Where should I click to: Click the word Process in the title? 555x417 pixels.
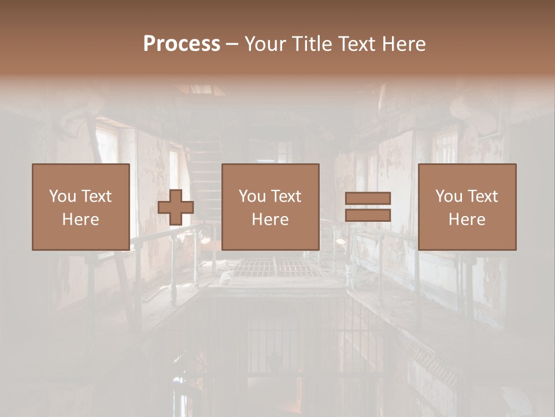pos(182,44)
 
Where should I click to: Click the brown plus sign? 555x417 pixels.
pos(176,207)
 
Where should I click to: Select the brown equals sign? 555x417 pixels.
pos(368,207)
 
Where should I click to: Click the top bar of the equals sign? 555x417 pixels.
pos(368,199)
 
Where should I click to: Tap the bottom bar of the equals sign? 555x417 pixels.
pos(368,215)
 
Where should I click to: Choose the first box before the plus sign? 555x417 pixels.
pos(80,207)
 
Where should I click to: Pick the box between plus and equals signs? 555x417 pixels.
pos(271,207)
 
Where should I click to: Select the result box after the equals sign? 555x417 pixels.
pos(467,207)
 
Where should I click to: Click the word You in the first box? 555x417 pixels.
pos(62,196)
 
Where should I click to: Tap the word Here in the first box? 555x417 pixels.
pos(80,220)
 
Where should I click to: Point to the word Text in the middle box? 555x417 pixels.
pos(287,196)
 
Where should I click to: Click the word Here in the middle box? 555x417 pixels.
pos(271,220)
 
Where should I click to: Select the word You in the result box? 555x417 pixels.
pos(449,196)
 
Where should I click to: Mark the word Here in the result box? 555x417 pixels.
pos(467,220)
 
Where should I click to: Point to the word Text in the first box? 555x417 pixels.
pos(97,196)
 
